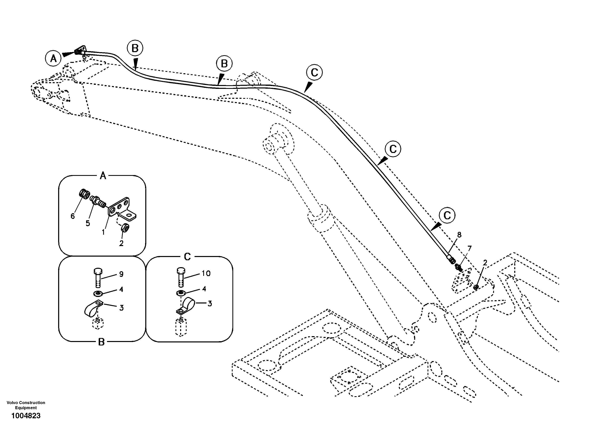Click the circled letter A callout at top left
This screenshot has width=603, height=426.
pos(53,58)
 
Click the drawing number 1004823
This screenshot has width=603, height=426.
pos(26,416)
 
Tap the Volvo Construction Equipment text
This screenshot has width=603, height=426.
pos(26,405)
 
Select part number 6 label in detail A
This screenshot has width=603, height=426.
pos(73,216)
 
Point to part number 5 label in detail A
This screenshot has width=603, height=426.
pos(88,223)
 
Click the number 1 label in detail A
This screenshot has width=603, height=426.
pos(103,232)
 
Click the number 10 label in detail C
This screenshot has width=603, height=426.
pos(206,273)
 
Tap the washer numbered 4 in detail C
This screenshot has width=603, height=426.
pos(180,293)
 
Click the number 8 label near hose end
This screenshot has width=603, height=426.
pos(459,235)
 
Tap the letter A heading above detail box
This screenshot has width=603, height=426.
pos(103,176)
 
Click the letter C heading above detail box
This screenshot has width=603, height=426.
pos(187,257)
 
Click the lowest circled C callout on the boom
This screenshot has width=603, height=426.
pos(447,216)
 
